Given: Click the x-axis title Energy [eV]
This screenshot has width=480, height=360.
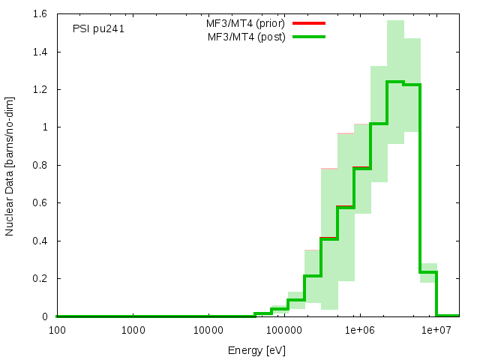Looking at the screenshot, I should click(x=257, y=349).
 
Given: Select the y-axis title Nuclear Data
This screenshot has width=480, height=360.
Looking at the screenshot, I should click(x=10, y=165).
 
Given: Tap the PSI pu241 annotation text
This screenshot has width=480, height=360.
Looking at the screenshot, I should click(x=98, y=29).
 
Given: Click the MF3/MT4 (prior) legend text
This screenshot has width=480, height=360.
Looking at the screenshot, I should click(x=245, y=23).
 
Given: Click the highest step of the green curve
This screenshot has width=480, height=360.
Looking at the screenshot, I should click(x=395, y=82).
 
